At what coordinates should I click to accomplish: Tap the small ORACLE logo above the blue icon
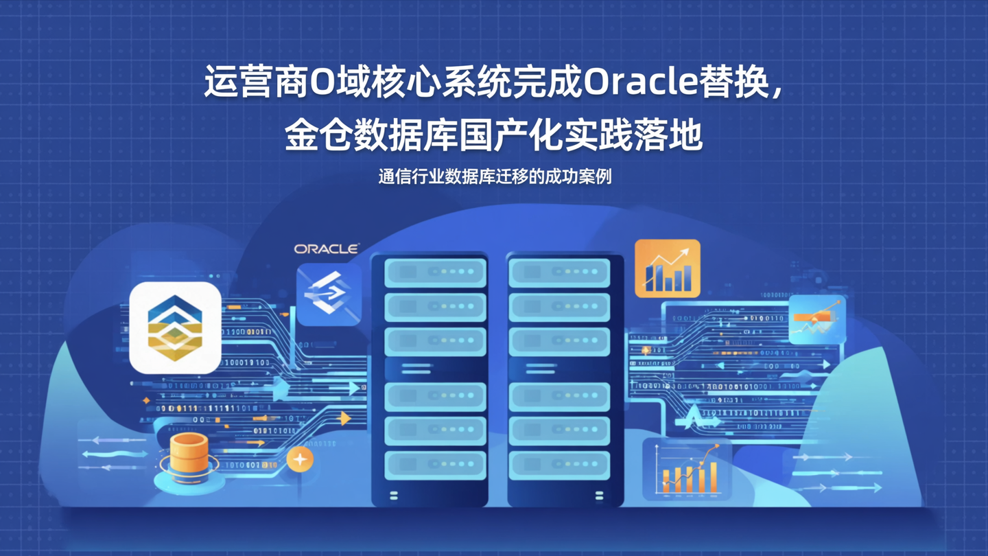pyautogui.click(x=327, y=249)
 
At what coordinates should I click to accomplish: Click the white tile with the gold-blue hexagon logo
pyautogui.click(x=176, y=327)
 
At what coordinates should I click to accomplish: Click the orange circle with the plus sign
pyautogui.click(x=300, y=459)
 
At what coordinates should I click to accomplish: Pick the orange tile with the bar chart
pyautogui.click(x=667, y=268)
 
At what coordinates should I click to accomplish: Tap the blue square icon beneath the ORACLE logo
pyautogui.click(x=328, y=294)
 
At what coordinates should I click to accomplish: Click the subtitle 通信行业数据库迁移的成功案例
pyautogui.click(x=494, y=176)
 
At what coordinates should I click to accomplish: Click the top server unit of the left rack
pyautogui.click(x=435, y=272)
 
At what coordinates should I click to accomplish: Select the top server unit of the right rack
pyautogui.click(x=559, y=272)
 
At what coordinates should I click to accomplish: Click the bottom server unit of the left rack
pyautogui.click(x=435, y=465)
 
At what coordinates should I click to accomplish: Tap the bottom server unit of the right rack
pyautogui.click(x=559, y=465)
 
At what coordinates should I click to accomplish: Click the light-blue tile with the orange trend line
pyautogui.click(x=816, y=320)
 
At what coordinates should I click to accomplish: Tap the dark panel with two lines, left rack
pyautogui.click(x=435, y=369)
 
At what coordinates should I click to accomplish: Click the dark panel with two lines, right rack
pyautogui.click(x=559, y=369)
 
